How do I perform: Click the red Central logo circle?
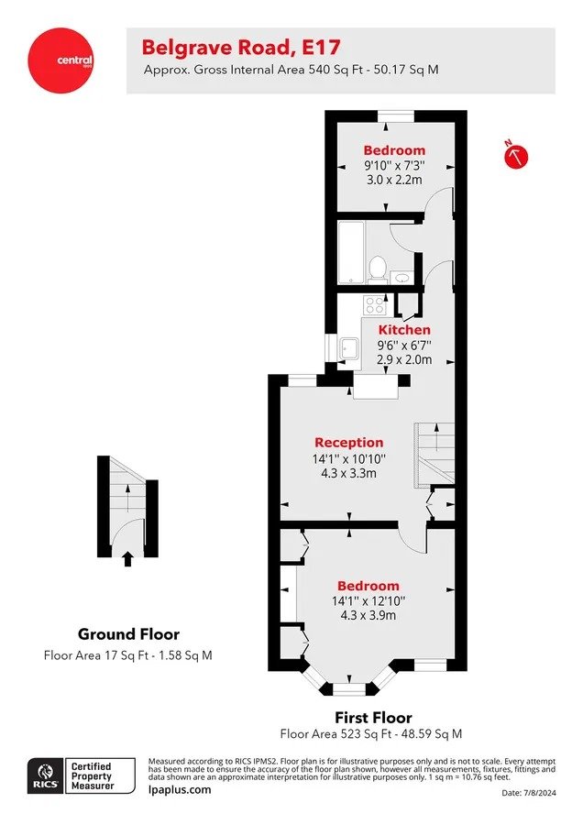click(60, 60)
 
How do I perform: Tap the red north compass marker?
click(516, 156)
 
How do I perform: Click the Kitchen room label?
click(404, 330)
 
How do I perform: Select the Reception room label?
click(349, 443)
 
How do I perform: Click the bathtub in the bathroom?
click(351, 253)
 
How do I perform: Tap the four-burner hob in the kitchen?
click(375, 304)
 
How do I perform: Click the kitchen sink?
click(349, 347)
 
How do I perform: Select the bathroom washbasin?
click(402, 278)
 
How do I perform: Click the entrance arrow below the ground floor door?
click(127, 559)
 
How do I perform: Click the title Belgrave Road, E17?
click(241, 48)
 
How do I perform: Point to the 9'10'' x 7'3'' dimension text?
click(394, 165)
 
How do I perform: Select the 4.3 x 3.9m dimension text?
click(368, 615)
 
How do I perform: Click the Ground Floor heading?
click(128, 634)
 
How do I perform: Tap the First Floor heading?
click(374, 717)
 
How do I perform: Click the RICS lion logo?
click(46, 776)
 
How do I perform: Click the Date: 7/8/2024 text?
click(529, 792)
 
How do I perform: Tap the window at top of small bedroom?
click(396, 116)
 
